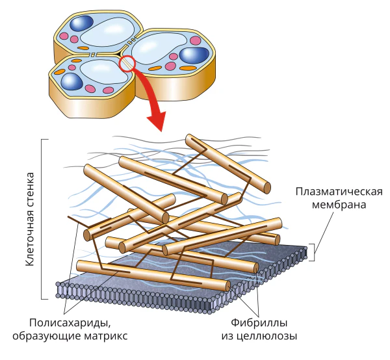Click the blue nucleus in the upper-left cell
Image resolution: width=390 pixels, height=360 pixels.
pos(81,23)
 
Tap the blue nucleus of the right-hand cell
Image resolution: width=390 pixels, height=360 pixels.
pos(194,55)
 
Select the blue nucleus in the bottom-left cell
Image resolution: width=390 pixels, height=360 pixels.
pos(71,81)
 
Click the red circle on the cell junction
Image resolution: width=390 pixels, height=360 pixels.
pos(127,64)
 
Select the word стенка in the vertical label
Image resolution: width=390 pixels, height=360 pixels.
pos(30,188)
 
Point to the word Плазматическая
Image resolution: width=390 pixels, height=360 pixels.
pos(339,192)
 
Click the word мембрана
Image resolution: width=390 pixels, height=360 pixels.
pos(339,205)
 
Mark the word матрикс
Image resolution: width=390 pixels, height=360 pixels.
pos(106,336)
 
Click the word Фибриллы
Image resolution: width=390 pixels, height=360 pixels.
pos(259,323)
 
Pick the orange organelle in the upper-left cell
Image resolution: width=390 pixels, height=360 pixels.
pos(83,48)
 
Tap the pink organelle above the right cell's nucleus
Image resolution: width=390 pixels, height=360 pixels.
pos(196,40)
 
